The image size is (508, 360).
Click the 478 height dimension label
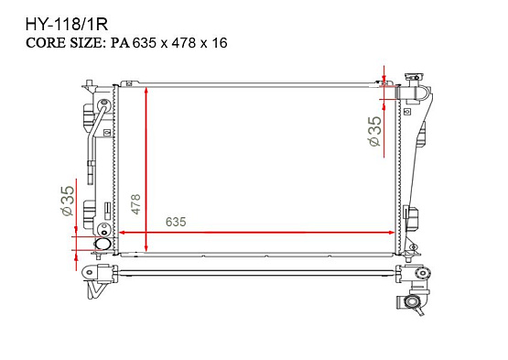pyautogui.click(x=135, y=203)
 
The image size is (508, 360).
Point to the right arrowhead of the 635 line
pyautogui.click(x=391, y=233)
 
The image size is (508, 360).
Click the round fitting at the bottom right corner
pyautogui.click(x=418, y=303)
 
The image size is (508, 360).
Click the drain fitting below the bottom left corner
pyautogui.click(x=95, y=289)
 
